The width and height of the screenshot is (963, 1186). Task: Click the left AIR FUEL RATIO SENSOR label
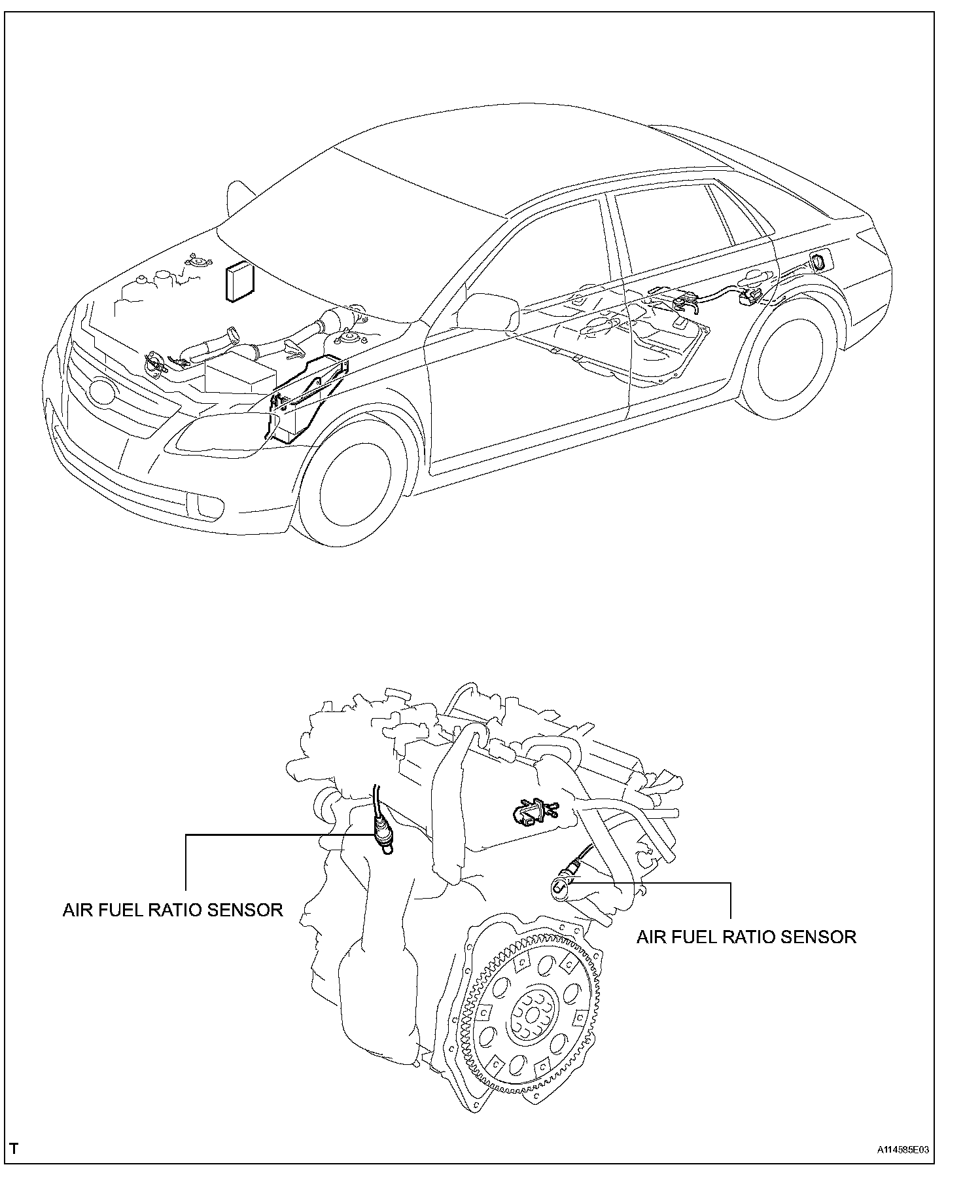(173, 910)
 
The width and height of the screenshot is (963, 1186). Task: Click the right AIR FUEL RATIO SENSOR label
(746, 937)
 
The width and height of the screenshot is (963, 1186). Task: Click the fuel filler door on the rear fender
(818, 262)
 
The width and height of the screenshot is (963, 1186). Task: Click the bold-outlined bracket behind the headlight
(307, 399)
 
